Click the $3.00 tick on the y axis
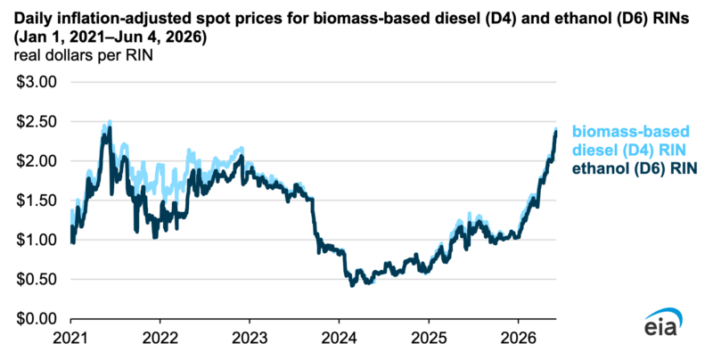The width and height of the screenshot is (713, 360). [x=36, y=82]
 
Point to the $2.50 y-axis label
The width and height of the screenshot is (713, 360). [x=36, y=122]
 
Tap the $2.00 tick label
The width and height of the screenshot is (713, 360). [x=36, y=161]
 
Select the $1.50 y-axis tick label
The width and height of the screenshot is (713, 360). [x=36, y=200]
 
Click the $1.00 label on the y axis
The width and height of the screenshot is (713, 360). [x=36, y=240]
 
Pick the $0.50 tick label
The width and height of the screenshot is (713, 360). [x=36, y=279]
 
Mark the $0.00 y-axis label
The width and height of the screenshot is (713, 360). [x=36, y=319]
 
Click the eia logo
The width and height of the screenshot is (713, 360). [x=663, y=323]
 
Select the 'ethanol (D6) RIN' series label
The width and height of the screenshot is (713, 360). [x=635, y=168]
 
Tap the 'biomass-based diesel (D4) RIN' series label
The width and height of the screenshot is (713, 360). [x=631, y=141]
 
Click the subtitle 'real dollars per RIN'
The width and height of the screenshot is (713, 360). [x=83, y=55]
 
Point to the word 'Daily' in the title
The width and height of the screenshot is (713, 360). [x=29, y=19]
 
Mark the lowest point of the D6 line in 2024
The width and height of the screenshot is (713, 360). [x=351, y=285]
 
